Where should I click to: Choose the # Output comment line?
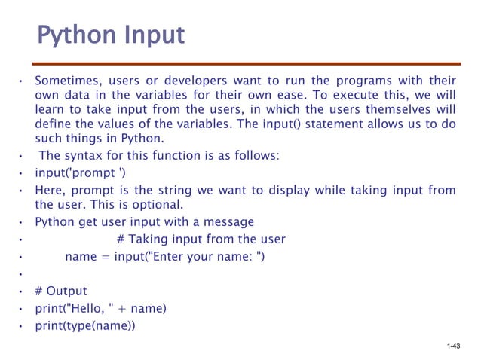pos(61,291)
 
